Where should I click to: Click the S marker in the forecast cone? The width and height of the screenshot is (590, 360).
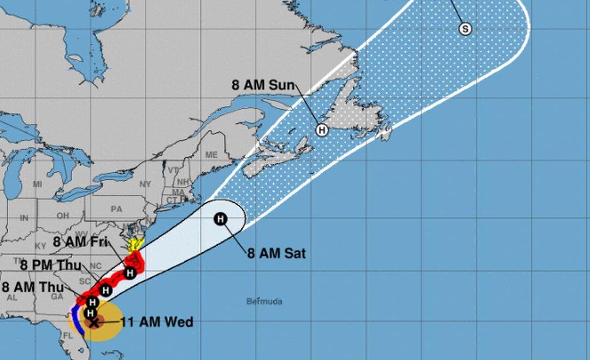click(465, 29)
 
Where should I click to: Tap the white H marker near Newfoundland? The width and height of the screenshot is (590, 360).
click(322, 130)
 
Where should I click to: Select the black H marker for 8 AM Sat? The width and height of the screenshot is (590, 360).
click(220, 219)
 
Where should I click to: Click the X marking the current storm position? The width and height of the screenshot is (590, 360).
click(94, 322)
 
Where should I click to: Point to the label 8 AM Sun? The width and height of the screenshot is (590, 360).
click(263, 85)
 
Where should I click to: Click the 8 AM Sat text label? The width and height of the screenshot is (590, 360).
click(276, 253)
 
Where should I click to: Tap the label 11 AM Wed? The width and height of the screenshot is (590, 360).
click(157, 322)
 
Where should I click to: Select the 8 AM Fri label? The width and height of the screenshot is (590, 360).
click(79, 241)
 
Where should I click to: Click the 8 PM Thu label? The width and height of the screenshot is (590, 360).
click(50, 265)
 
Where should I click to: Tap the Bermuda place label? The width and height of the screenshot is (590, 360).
click(264, 302)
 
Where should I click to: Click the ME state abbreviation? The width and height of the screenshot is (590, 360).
click(211, 155)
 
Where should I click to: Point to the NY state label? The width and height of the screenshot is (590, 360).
click(145, 185)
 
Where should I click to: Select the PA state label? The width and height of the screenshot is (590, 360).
click(116, 209)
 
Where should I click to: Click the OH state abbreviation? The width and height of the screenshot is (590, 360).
click(63, 216)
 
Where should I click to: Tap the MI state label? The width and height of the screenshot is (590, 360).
click(37, 185)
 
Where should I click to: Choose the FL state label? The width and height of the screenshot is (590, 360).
click(68, 336)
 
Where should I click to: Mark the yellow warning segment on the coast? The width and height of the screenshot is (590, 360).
click(135, 245)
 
